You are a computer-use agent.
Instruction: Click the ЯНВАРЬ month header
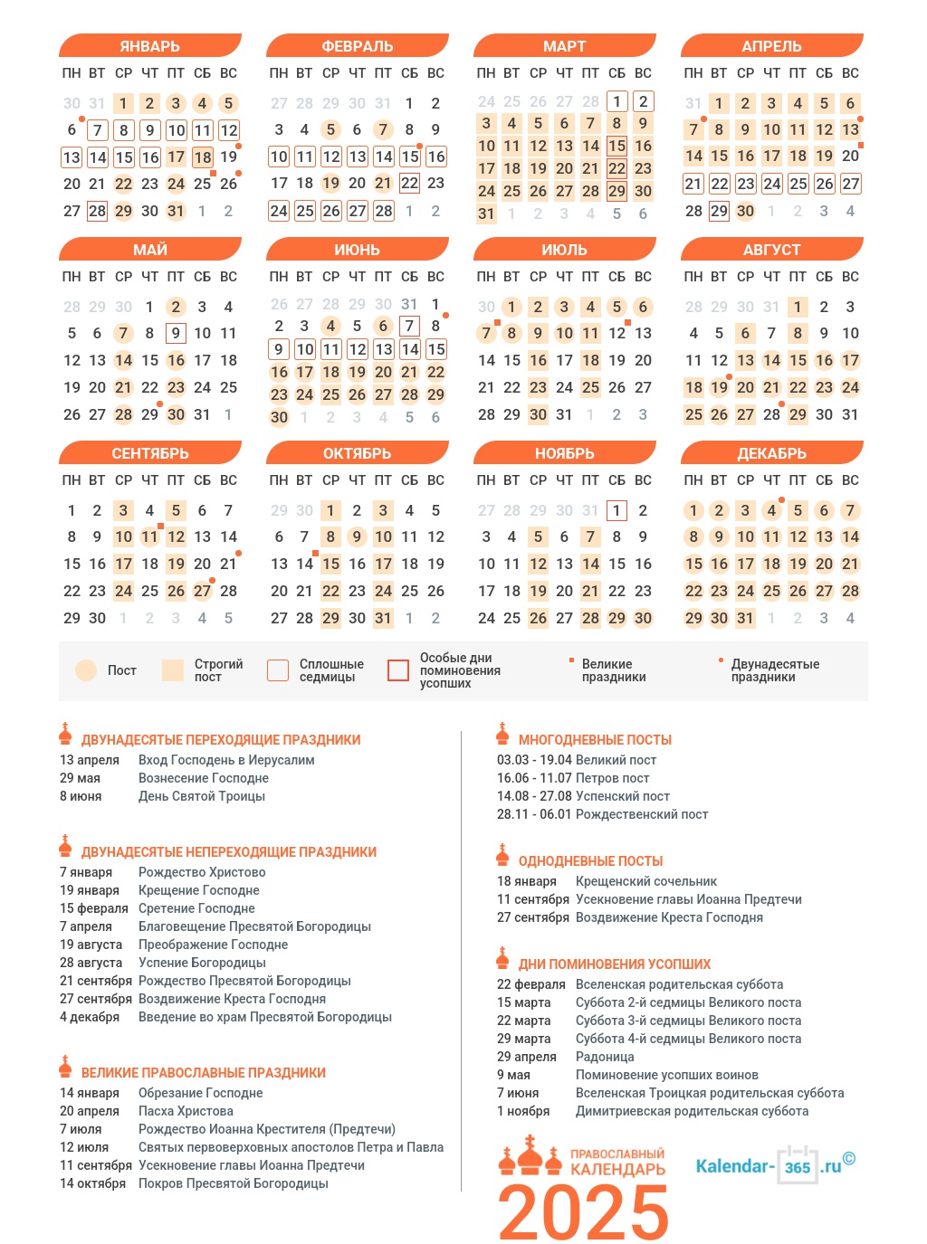[149, 46]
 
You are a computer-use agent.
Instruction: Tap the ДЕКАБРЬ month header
[771, 453]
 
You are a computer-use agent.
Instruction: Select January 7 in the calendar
[98, 130]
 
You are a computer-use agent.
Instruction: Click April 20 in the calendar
[850, 156]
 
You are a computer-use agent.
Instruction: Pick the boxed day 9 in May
[177, 334]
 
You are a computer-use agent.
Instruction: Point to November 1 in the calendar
[616, 510]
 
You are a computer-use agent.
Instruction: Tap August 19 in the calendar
[720, 388]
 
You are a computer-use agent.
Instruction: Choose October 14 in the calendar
[305, 564]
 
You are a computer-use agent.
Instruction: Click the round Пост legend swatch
[86, 670]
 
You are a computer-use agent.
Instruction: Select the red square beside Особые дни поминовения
[398, 670]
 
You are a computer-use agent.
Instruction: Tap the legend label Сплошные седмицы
[331, 670]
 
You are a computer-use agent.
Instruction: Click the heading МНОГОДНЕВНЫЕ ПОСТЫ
[595, 740]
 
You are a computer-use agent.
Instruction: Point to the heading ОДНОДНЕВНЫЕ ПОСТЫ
[590, 861]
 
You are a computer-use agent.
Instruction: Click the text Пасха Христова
[186, 1111]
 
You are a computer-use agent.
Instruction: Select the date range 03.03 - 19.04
[534, 760]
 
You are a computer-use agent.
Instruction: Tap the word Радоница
[605, 1057]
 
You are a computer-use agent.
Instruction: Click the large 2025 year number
[583, 1212]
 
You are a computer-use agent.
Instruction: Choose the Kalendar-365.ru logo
[775, 1165]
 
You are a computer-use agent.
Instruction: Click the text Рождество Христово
[202, 872]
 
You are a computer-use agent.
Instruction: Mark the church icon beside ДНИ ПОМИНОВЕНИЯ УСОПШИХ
[503, 959]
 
